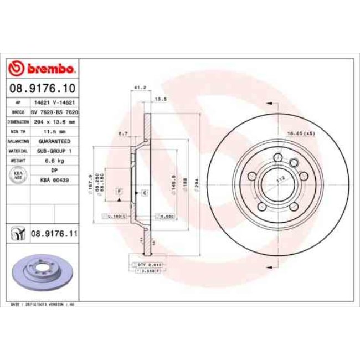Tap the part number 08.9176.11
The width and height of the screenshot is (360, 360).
(53, 234)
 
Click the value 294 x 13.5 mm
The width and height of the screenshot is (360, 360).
(54, 121)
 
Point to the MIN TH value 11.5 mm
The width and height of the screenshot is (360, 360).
(54, 131)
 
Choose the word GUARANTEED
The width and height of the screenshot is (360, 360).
(54, 141)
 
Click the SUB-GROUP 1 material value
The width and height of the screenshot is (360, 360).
(54, 151)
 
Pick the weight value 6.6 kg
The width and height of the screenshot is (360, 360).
(54, 161)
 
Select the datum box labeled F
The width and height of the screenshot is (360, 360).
(119, 192)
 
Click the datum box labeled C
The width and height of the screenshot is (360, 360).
(144, 192)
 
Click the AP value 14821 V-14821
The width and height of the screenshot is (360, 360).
(54, 102)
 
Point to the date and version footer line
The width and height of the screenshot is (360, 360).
(44, 305)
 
